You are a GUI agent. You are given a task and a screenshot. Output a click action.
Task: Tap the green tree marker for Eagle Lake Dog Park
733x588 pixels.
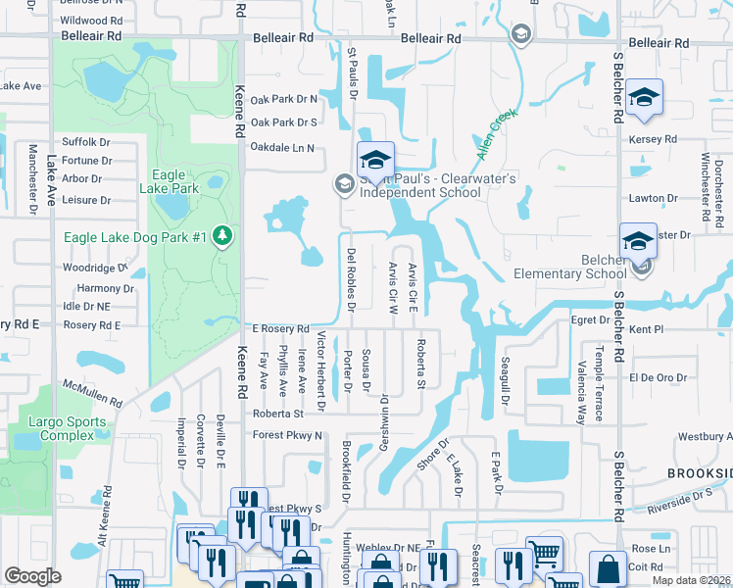pyautogui.click(x=223, y=236)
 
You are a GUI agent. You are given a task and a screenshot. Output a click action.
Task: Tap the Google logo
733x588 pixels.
pyautogui.click(x=32, y=576)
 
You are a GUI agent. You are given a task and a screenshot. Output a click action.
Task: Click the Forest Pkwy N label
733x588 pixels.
pyautogui.click(x=287, y=435)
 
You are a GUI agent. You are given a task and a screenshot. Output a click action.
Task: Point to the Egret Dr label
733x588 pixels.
pyautogui.click(x=583, y=320)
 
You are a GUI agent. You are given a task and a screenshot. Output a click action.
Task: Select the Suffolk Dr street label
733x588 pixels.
pyautogui.click(x=86, y=142)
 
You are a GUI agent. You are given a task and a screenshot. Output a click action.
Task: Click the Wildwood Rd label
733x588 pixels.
pyautogui.click(x=91, y=20)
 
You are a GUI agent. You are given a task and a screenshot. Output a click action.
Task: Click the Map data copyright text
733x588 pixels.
pyautogui.click(x=692, y=580)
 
